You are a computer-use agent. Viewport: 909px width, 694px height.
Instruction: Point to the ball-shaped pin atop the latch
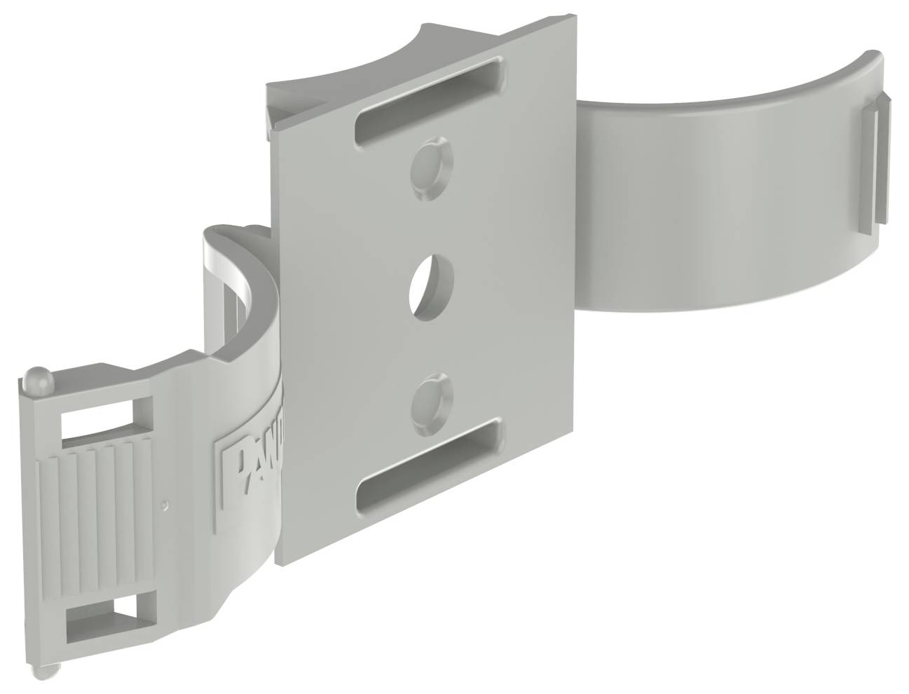point(33,381)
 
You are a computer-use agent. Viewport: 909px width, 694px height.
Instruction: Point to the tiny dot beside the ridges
point(163,503)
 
